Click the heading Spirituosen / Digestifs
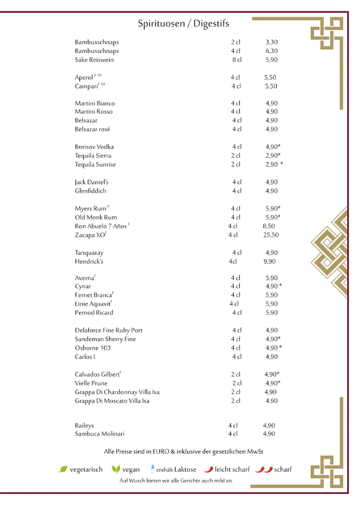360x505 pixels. (x=183, y=24)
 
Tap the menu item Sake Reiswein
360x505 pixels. (x=94, y=60)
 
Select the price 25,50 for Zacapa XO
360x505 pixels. (x=271, y=235)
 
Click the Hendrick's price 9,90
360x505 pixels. (x=269, y=261)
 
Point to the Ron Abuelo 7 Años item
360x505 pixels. (x=101, y=226)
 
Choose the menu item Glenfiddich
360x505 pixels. (x=91, y=191)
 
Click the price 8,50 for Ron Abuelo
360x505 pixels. (x=269, y=226)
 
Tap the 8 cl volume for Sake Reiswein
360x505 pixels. (x=237, y=60)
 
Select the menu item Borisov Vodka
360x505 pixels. (x=95, y=146)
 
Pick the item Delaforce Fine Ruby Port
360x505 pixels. (x=108, y=330)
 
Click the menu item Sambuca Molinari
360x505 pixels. (x=100, y=433)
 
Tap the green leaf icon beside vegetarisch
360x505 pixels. (x=63, y=469)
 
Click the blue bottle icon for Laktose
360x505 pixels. (x=153, y=469)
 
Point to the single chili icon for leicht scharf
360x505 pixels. (x=209, y=469)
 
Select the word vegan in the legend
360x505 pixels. (x=131, y=469)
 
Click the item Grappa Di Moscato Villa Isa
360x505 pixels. (x=112, y=401)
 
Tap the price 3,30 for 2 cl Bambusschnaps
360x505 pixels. (x=271, y=42)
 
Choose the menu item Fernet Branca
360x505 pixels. (x=94, y=295)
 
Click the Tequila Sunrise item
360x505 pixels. (x=95, y=164)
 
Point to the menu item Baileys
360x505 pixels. (x=84, y=425)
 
